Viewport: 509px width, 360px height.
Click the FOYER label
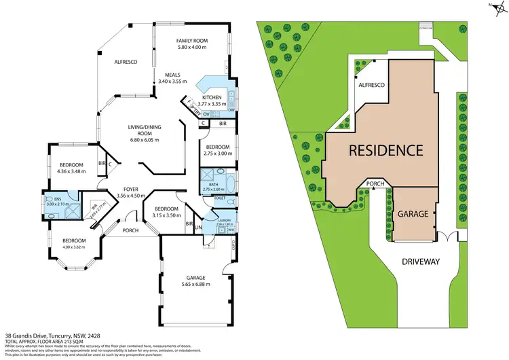pos(132,189)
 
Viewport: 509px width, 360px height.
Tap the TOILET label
pos(219,198)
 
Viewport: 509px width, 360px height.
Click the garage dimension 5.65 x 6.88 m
pos(194,284)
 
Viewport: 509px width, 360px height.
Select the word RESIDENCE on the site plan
pos(386,151)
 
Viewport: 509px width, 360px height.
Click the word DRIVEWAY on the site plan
pos(419,262)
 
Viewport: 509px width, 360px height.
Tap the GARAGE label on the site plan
pos(412,214)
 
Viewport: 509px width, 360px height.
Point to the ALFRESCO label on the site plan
pos(372,84)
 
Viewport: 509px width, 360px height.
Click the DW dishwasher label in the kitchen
pos(231,110)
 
